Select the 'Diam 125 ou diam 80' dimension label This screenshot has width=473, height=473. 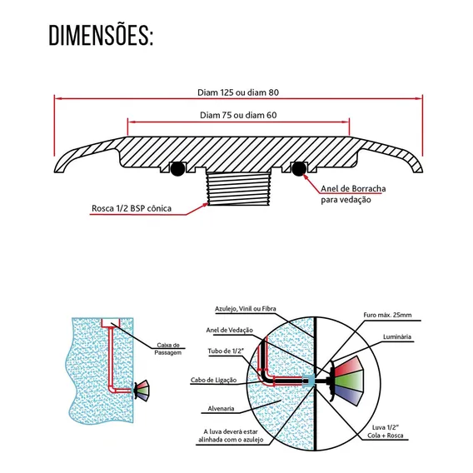click(x=238, y=92)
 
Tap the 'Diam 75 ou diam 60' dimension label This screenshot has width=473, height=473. click(x=238, y=115)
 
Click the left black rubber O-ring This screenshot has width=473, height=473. click(x=177, y=169)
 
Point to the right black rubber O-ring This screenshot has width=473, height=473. click(x=299, y=168)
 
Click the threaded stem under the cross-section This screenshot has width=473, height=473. click(x=238, y=189)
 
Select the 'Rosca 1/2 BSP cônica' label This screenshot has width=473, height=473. click(x=132, y=208)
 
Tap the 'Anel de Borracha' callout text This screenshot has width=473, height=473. click(x=353, y=189)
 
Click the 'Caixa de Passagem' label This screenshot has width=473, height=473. click(x=168, y=349)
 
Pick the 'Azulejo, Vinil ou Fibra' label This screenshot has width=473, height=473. click(x=246, y=309)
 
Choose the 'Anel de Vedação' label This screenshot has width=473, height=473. click(x=230, y=330)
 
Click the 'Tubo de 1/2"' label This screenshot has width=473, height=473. click(x=226, y=351)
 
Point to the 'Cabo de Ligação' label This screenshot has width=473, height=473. click(x=213, y=380)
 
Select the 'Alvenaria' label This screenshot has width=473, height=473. click(x=221, y=408)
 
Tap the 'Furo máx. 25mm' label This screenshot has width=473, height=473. click(x=387, y=315)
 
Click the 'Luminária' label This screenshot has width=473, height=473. click(x=397, y=336)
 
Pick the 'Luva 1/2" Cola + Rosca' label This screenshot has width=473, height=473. click(x=386, y=431)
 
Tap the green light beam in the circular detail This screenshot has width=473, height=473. click(x=349, y=381)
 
